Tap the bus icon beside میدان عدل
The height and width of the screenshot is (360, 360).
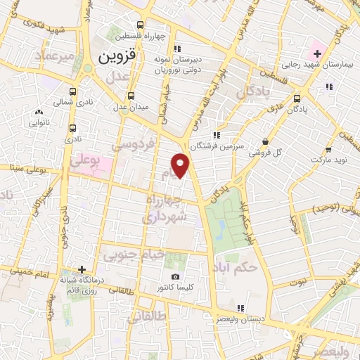pos(131,96)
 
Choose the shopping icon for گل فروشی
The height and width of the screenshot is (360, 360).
pos(265,141)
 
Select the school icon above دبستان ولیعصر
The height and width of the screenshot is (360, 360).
pos(240,308)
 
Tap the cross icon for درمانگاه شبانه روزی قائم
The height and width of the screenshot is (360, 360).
pos(83,269)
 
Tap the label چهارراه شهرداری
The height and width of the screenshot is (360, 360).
pos(165,209)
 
